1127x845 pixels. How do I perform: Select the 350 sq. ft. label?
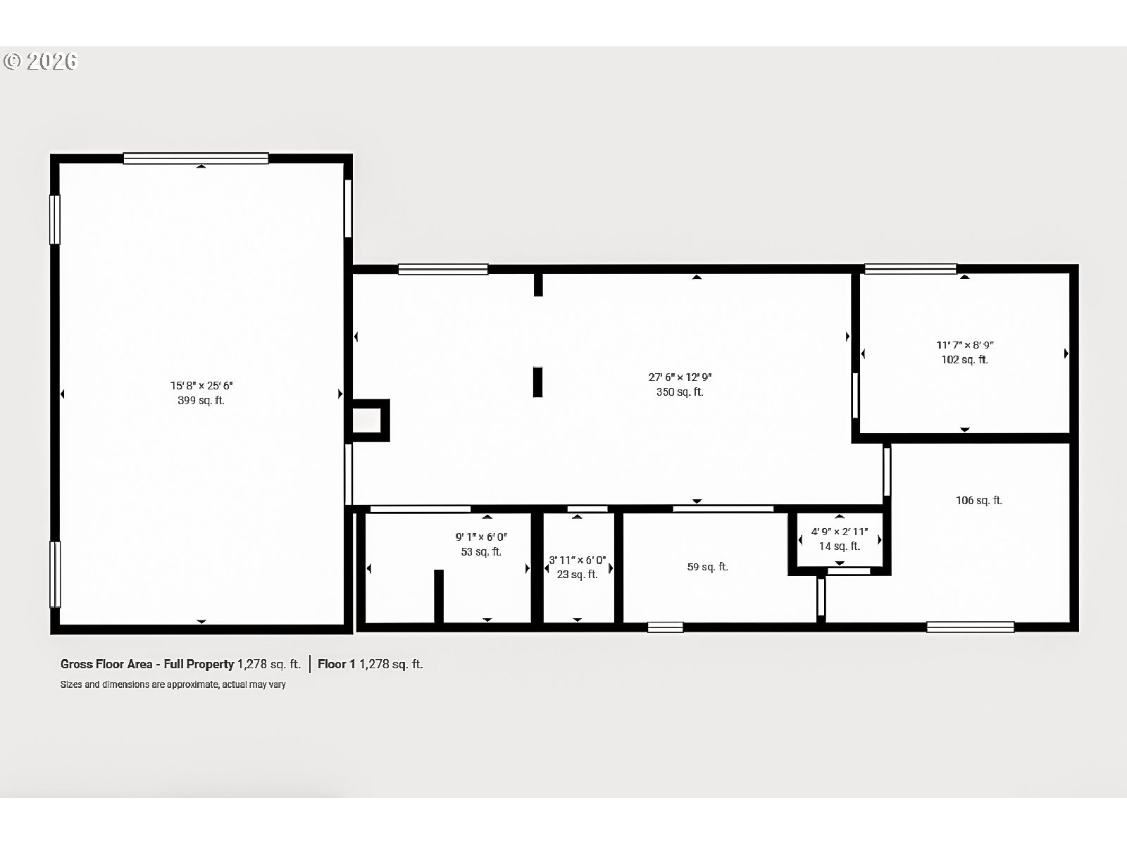coord(680,392)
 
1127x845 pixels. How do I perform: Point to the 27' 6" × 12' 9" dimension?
coord(680,377)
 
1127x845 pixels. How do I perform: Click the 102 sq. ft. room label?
coord(964,360)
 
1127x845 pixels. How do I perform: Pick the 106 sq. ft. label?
coord(978,501)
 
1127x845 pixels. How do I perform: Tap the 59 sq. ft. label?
coord(707,567)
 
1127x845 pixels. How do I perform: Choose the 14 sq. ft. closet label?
coord(839,546)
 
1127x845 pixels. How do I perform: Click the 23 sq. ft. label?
coord(577,575)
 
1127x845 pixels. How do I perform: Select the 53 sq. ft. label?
coord(481,552)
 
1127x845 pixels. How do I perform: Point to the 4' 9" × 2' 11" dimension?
coord(839,532)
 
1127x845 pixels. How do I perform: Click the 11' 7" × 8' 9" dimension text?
coord(964,345)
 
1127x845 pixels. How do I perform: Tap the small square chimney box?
coord(370,421)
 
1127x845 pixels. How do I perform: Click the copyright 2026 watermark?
coord(40,62)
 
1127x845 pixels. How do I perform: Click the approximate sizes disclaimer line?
coord(173,684)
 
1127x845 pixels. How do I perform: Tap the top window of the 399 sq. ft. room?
coord(196,158)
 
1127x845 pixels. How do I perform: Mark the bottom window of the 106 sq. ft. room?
coord(970,627)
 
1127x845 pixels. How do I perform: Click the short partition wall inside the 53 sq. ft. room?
coord(438,596)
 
